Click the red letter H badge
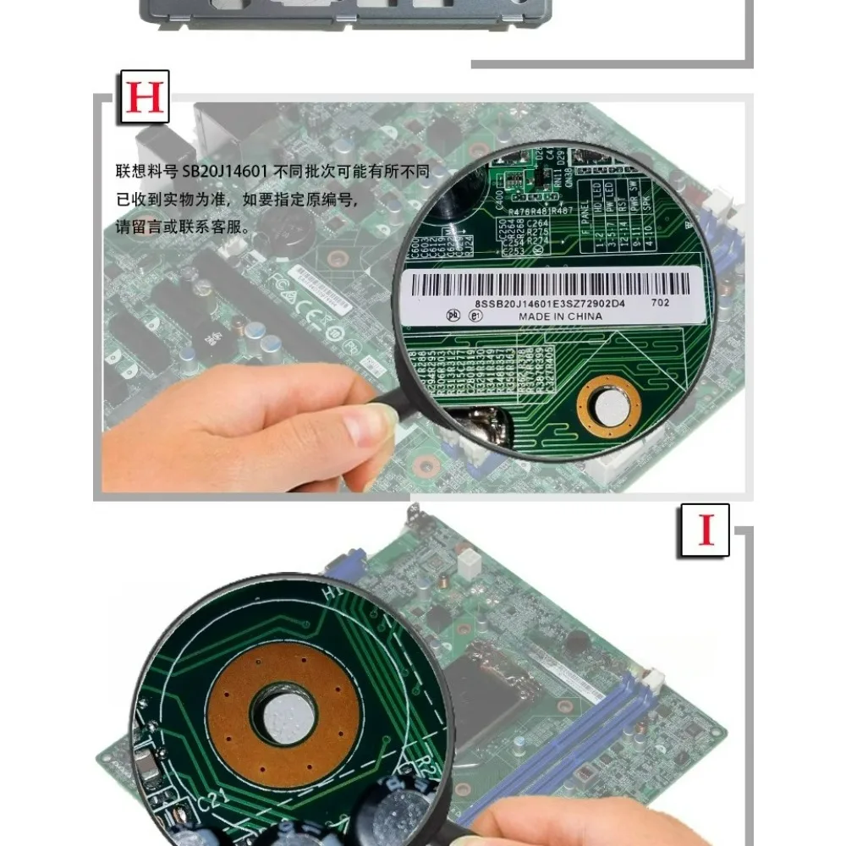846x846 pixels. click(143, 98)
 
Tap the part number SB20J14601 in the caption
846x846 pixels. click(225, 172)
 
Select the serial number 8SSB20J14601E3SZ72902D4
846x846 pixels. click(550, 302)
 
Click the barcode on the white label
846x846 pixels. click(554, 283)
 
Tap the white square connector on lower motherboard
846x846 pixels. click(467, 562)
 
